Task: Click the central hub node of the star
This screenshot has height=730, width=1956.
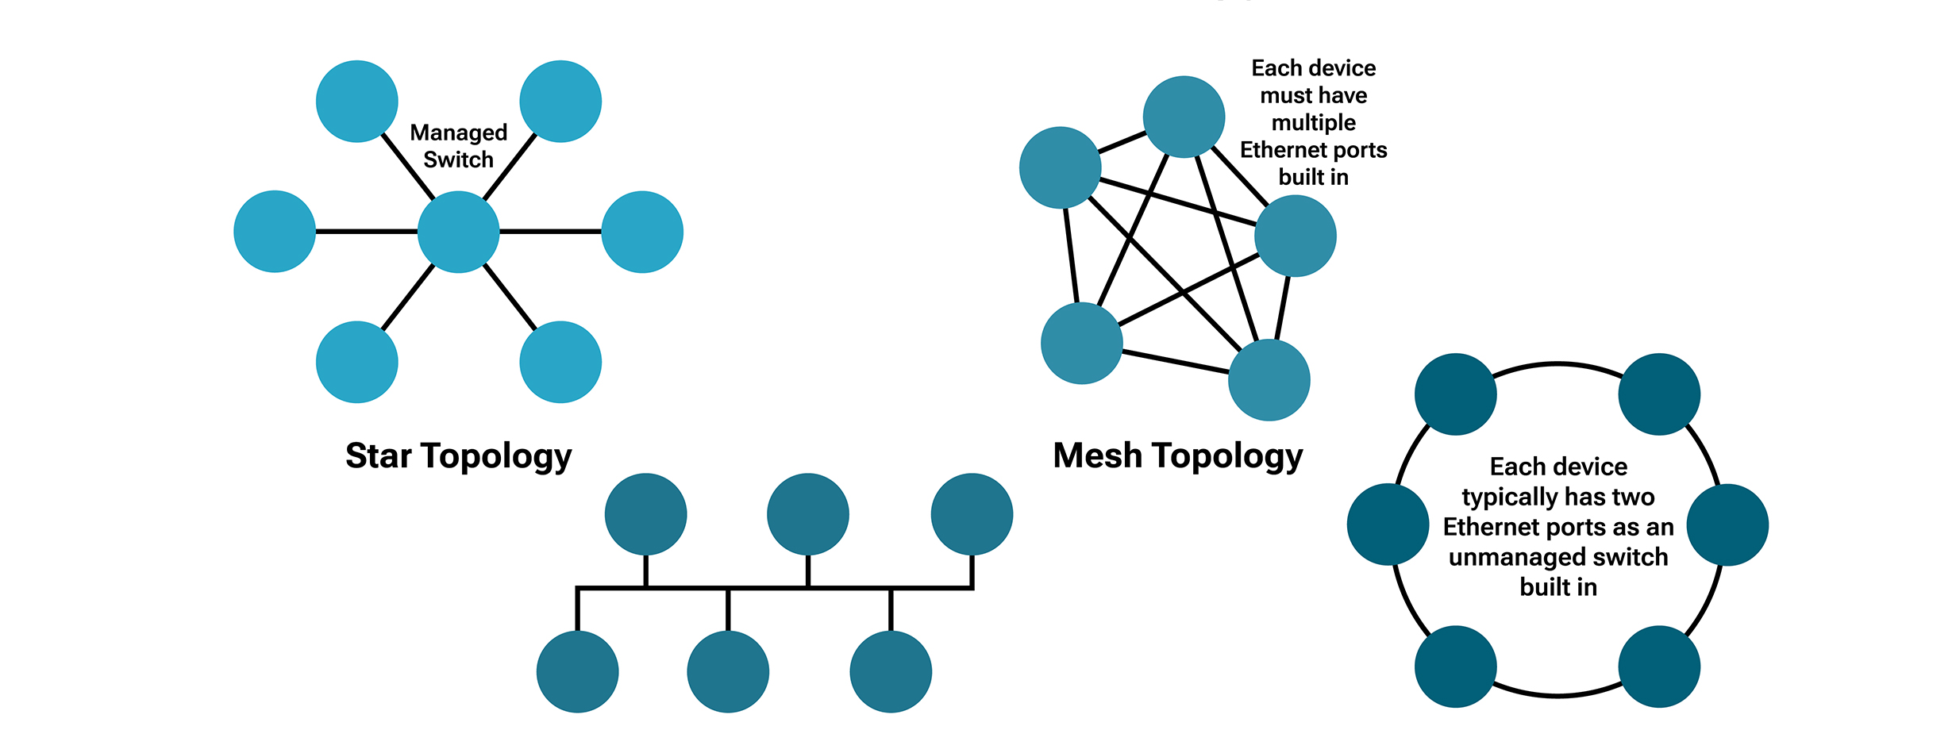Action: pos(458,232)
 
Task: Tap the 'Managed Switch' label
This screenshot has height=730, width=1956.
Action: pos(458,146)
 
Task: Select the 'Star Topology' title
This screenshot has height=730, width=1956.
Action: pos(458,456)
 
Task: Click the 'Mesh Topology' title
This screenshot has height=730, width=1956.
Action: pos(1178,456)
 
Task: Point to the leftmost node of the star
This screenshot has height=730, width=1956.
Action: pos(275,232)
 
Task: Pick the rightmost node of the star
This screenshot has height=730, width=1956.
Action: pos(642,232)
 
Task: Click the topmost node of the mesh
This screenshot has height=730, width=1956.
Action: pos(1184,117)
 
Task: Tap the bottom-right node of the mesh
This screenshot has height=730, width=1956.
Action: pos(1269,380)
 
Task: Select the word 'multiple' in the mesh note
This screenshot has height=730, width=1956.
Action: pos(1314,123)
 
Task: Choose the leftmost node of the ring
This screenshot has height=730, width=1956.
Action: pos(1388,524)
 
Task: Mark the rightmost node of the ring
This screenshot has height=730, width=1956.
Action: pos(1727,524)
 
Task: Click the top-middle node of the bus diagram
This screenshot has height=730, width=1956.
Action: pos(807,514)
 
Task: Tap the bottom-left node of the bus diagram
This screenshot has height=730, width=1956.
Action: pos(577,672)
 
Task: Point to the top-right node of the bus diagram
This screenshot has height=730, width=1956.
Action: pos(972,514)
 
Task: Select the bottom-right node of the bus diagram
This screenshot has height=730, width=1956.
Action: pos(891,672)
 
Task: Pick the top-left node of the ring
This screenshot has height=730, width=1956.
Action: pos(1455,394)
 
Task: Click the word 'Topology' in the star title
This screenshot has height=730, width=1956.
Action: pos(496,456)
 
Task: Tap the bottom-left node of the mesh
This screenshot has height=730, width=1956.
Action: pos(1081,344)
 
